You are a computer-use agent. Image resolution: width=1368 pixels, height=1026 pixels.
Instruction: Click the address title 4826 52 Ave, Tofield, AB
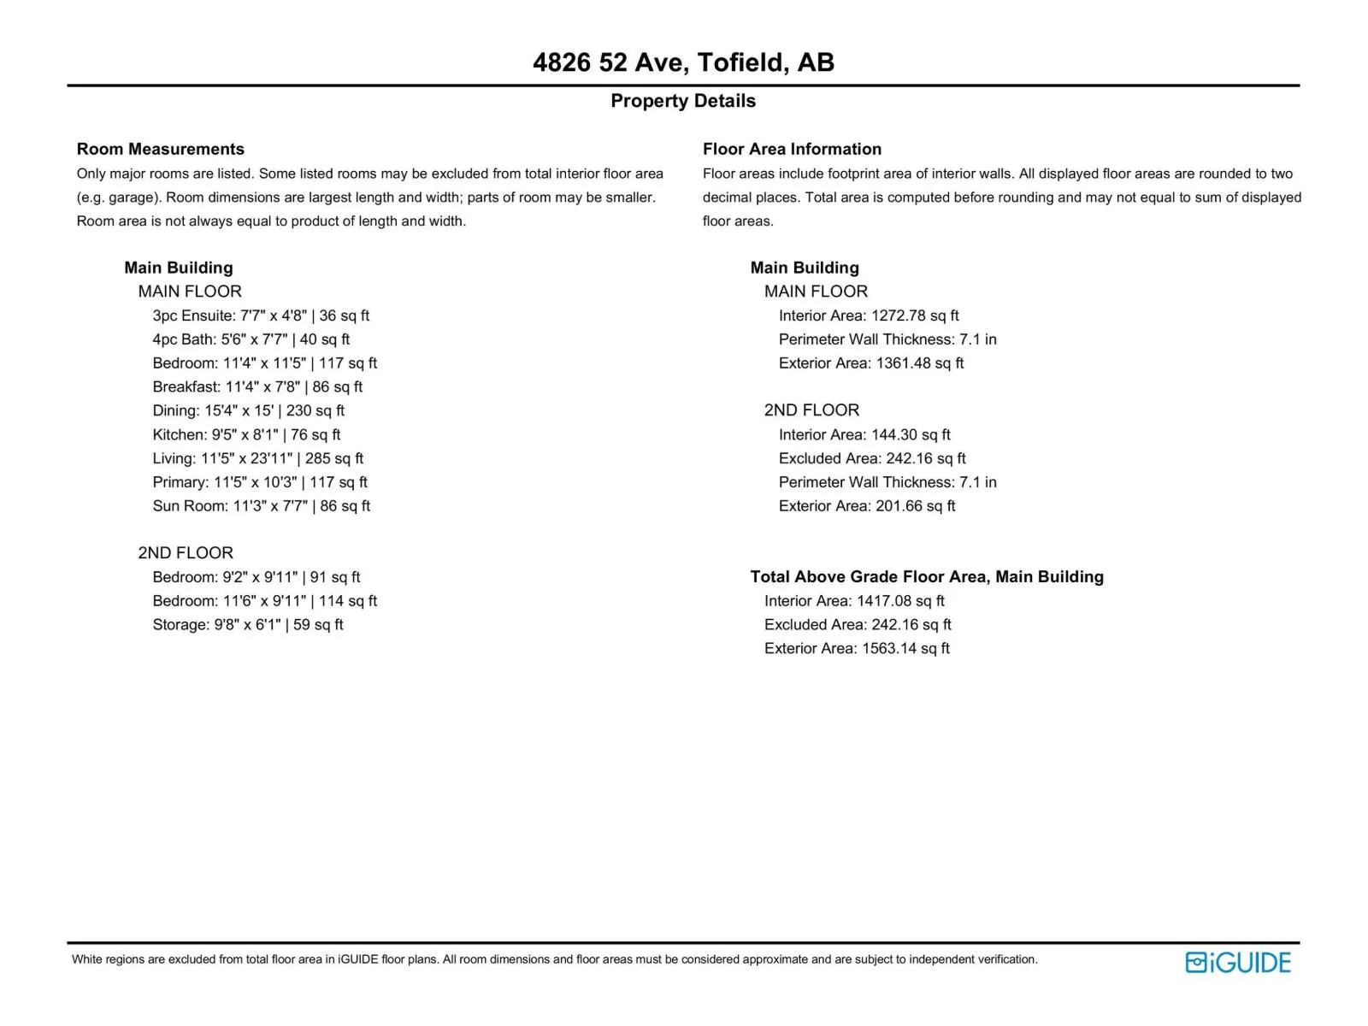click(683, 62)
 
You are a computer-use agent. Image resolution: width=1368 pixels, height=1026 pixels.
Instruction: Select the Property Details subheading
click(683, 101)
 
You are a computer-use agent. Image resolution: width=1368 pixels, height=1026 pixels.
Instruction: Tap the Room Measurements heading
click(160, 149)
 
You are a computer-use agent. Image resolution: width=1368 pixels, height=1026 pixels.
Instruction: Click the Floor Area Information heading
click(792, 149)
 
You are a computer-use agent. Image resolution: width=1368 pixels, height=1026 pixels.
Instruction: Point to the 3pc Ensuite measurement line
click(261, 315)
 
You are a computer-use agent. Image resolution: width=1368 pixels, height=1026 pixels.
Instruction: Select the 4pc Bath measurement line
click(251, 339)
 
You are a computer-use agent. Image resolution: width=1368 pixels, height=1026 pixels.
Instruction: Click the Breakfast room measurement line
click(257, 387)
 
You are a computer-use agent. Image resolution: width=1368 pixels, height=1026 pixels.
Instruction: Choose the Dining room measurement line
click(248, 410)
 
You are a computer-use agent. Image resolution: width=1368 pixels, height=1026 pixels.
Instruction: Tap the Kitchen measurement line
click(246, 434)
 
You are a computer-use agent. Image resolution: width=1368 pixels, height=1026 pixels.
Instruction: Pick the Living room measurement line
click(257, 458)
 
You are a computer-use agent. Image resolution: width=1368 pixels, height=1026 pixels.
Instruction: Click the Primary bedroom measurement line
click(260, 482)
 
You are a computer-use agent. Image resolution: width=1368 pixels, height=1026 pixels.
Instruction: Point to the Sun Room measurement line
click(261, 506)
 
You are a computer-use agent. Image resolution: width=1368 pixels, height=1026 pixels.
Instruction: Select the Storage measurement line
click(248, 625)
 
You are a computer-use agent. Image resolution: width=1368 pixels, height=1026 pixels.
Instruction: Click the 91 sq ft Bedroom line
click(256, 577)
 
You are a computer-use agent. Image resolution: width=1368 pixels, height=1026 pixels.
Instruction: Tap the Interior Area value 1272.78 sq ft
click(869, 315)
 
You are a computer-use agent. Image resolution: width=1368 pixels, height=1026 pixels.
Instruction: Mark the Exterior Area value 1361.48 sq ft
click(871, 363)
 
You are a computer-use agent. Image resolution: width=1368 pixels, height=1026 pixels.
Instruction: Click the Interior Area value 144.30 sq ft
click(864, 435)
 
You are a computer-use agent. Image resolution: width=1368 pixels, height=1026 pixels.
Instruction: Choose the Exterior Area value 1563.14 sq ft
click(857, 649)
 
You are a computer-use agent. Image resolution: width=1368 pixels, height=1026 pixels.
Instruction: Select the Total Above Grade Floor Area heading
click(927, 577)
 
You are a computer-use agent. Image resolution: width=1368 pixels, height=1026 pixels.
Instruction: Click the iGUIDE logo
click(1238, 963)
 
